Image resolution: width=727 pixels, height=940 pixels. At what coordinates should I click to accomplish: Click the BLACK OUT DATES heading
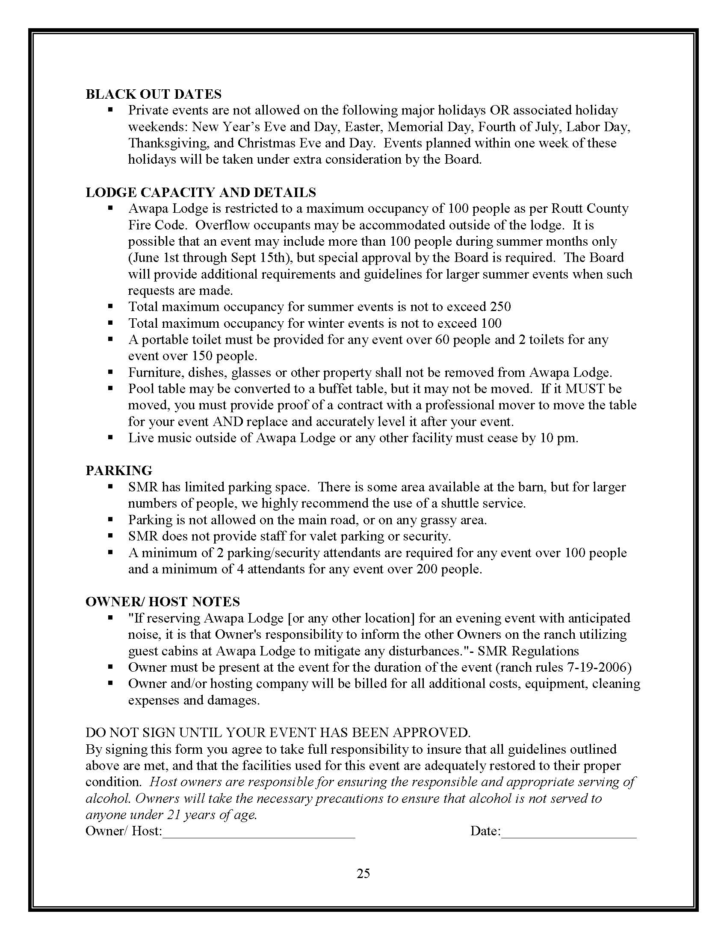(154, 94)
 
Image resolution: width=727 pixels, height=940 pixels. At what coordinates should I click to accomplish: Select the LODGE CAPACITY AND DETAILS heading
(201, 192)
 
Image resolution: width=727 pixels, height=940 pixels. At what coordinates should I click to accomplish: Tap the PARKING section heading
(119, 470)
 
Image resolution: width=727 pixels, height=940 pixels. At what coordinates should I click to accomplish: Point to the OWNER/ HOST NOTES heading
(163, 602)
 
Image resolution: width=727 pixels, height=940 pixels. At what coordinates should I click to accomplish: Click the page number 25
(363, 873)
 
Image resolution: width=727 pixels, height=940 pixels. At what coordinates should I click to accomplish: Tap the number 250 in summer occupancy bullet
(500, 307)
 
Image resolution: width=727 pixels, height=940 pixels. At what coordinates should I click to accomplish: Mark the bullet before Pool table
(111, 388)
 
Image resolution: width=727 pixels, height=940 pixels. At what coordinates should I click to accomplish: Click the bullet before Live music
(111, 437)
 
